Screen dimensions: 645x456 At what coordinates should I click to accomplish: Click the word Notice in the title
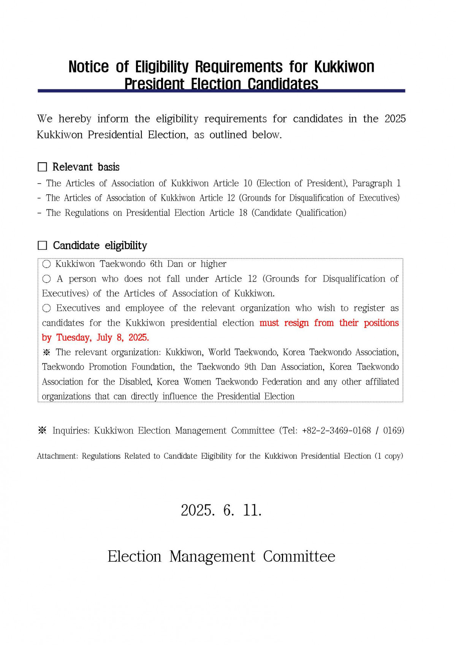coord(89,67)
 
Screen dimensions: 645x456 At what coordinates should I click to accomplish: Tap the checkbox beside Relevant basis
coord(42,167)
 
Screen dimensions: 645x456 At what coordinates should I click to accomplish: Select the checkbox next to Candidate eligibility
coord(42,246)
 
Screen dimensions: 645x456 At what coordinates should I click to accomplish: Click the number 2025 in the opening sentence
coord(395,119)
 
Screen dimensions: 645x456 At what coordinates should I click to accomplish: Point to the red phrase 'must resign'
coord(284,323)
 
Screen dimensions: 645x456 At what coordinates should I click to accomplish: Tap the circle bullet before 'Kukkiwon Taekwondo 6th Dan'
coord(46,264)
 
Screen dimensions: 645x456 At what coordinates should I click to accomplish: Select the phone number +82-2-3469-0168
coord(336,431)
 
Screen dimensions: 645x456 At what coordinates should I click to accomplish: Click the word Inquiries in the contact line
coord(71,431)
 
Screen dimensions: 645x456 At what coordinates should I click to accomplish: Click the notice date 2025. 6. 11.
coord(221,510)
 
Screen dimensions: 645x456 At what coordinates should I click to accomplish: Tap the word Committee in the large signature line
coord(299,556)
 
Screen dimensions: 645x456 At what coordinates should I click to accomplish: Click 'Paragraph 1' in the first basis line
coord(376,183)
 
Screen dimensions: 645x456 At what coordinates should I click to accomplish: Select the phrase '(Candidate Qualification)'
coord(299,213)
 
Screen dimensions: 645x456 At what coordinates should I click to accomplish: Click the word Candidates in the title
coord(283,84)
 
